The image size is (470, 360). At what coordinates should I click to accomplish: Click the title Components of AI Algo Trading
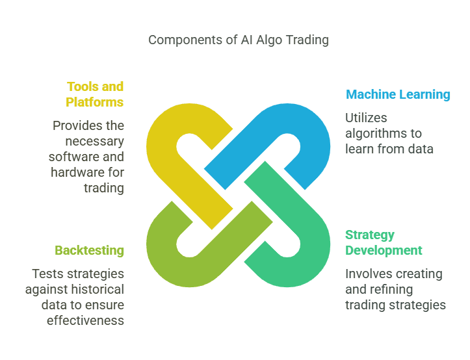click(238, 40)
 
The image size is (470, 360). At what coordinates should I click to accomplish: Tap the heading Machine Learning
click(398, 94)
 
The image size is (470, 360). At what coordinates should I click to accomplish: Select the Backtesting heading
click(89, 250)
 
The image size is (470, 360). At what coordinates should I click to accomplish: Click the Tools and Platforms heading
click(95, 94)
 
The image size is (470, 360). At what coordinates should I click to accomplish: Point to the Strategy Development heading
click(384, 242)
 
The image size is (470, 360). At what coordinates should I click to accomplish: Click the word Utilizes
click(366, 118)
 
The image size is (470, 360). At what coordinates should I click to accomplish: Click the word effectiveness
click(85, 320)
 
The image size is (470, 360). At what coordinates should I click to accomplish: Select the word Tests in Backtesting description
click(46, 274)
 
